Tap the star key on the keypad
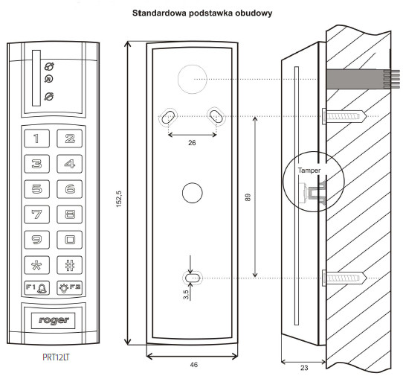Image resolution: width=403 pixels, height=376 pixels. (x=36, y=265)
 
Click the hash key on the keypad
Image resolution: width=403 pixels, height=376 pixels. (x=70, y=265)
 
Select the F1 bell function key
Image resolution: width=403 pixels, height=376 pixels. (x=36, y=287)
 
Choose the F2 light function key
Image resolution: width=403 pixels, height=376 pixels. (x=70, y=287)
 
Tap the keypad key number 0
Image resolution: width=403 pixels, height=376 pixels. (x=70, y=240)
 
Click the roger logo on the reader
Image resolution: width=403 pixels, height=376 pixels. (x=54, y=320)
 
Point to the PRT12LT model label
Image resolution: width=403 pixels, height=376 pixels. (x=56, y=357)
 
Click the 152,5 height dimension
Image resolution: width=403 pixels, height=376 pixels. (x=119, y=199)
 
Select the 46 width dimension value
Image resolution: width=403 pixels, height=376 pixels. (x=194, y=364)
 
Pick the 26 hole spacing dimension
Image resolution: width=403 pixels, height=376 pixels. (x=192, y=142)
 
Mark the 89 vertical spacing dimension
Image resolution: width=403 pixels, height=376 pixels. (x=248, y=197)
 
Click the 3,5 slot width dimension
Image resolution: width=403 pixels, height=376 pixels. (x=186, y=295)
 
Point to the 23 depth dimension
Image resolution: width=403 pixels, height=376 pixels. (x=304, y=368)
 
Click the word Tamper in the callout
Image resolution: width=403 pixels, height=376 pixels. (x=309, y=171)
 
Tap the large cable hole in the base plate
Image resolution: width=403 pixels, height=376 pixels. (x=193, y=79)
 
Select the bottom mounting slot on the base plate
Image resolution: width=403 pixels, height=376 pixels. (x=193, y=278)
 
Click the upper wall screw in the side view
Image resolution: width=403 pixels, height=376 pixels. (x=344, y=117)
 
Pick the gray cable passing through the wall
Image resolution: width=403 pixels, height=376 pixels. (x=363, y=79)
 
